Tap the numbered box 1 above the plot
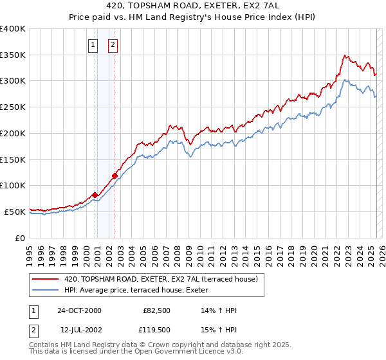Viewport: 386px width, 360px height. click(x=93, y=44)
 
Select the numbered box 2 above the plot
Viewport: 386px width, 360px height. click(x=113, y=44)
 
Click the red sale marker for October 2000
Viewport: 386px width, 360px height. click(x=95, y=195)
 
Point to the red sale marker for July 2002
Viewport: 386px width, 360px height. click(x=115, y=175)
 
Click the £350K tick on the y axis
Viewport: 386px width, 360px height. click(x=13, y=55)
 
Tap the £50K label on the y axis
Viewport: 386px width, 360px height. click(x=15, y=212)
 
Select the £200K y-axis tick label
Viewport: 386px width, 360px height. click(x=13, y=133)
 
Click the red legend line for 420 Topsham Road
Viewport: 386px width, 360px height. click(x=46, y=279)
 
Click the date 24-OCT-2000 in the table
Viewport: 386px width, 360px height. click(x=79, y=310)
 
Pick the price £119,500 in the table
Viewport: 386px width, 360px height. click(x=156, y=330)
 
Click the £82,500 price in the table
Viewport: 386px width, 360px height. click(x=156, y=310)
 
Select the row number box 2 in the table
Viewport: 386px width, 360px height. click(x=33, y=330)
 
